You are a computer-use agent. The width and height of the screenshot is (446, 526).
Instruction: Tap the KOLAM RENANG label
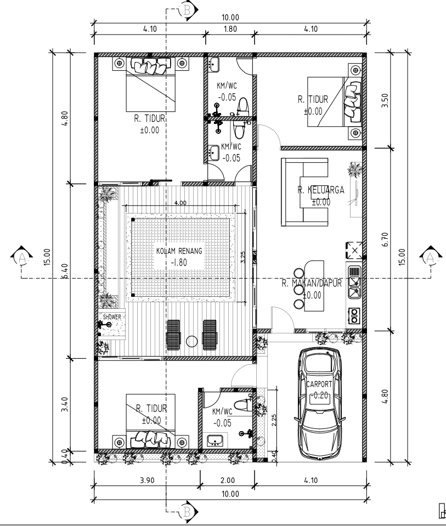click(179, 251)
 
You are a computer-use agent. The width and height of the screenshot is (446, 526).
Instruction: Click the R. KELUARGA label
click(321, 190)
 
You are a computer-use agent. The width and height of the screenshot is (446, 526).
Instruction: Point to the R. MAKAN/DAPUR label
click(312, 284)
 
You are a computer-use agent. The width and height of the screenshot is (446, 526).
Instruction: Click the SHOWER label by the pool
click(111, 317)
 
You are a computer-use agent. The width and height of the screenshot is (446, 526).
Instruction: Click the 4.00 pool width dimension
click(179, 202)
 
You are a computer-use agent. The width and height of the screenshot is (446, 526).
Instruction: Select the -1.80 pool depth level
click(179, 262)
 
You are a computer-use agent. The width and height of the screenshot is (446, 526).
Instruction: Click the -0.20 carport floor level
click(319, 395)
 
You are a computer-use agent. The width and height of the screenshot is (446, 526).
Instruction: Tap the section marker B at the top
click(188, 10)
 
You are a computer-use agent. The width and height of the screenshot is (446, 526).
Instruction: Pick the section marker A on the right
click(430, 257)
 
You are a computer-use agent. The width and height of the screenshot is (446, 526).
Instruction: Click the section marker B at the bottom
click(188, 512)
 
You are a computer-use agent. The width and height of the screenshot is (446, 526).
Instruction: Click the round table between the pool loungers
click(191, 341)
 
